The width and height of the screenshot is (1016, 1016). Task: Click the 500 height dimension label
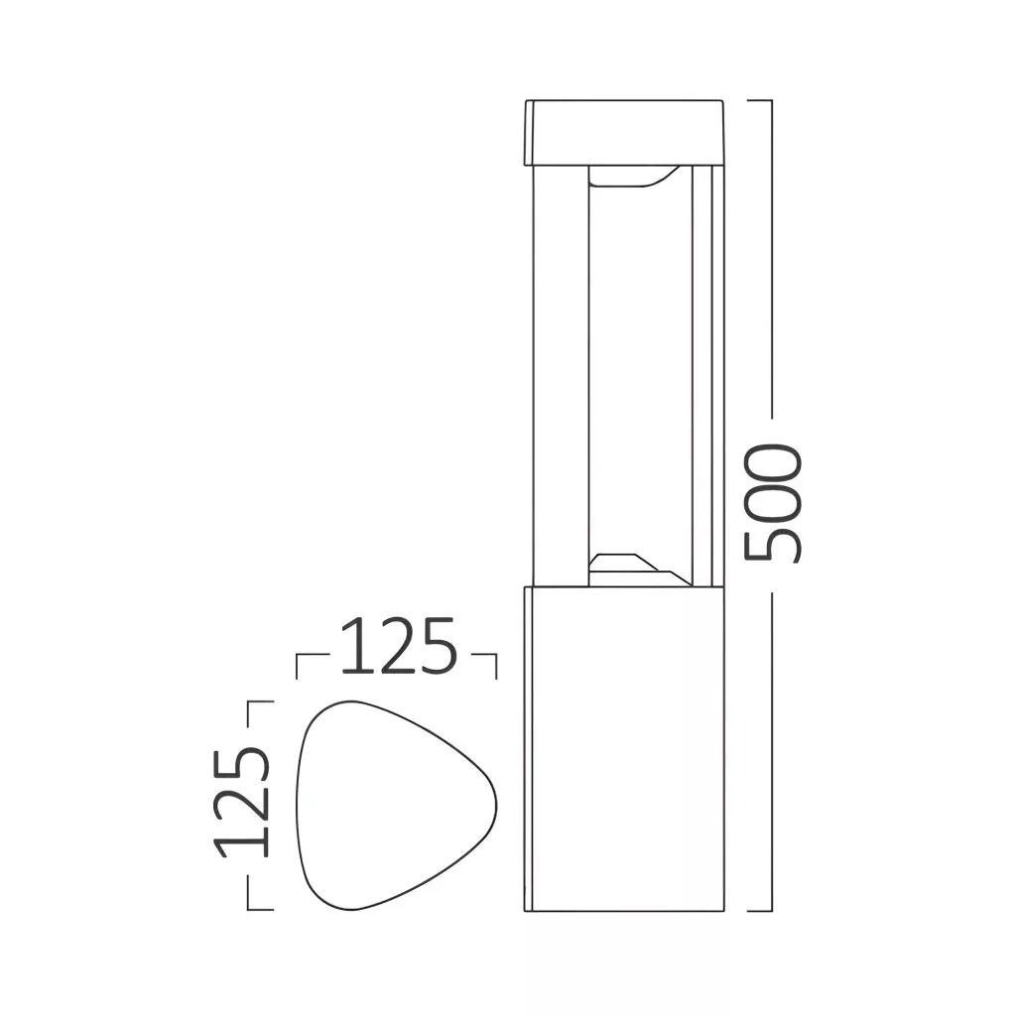(774, 503)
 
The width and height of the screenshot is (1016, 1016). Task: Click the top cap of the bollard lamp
(623, 132)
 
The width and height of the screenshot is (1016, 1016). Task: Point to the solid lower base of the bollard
(623, 749)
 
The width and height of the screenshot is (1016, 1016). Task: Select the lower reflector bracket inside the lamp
(639, 571)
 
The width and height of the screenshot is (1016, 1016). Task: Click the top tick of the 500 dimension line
(759, 100)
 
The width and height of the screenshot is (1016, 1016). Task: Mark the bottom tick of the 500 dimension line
(759, 911)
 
